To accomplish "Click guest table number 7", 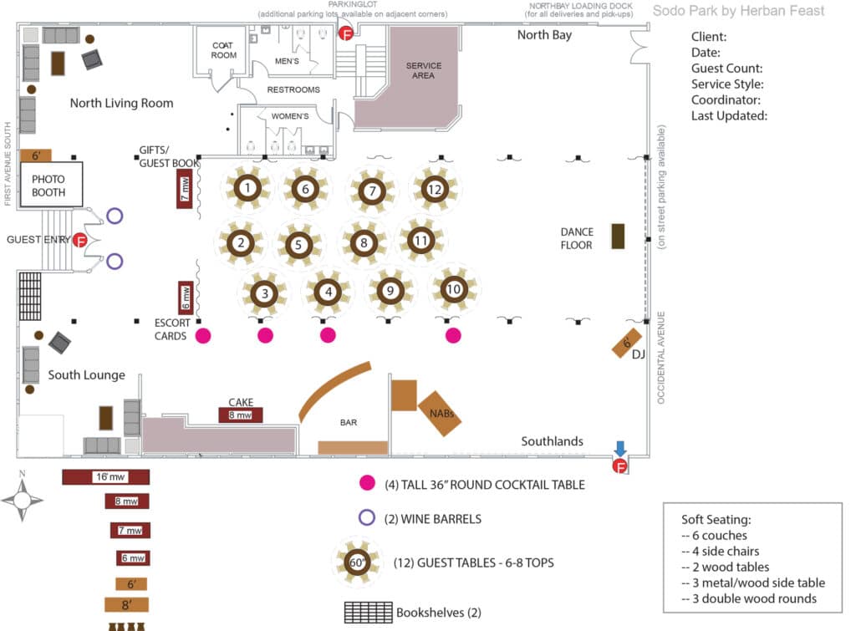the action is [x=373, y=191].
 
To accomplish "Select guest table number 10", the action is [x=454, y=288].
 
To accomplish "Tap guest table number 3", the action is [x=264, y=293].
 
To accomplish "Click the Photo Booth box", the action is [x=51, y=185].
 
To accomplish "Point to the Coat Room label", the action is [x=224, y=50].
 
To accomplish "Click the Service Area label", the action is [x=424, y=70].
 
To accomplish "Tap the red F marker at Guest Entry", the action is [x=80, y=240].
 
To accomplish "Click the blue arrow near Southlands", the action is [x=620, y=449].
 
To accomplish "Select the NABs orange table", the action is [x=440, y=413].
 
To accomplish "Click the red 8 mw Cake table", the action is [x=240, y=415].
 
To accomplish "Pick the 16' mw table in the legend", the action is [x=105, y=477].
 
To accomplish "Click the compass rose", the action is [x=23, y=499].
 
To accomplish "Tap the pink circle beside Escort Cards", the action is [x=203, y=336].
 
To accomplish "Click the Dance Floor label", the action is [x=577, y=238].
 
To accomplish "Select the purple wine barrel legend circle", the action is [x=367, y=517].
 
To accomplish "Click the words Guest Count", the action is [x=726, y=69].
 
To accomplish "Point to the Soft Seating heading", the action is [x=716, y=519].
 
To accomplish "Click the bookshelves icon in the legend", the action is [x=368, y=612].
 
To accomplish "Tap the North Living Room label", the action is [x=122, y=103].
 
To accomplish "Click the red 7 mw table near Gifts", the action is [x=184, y=189].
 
